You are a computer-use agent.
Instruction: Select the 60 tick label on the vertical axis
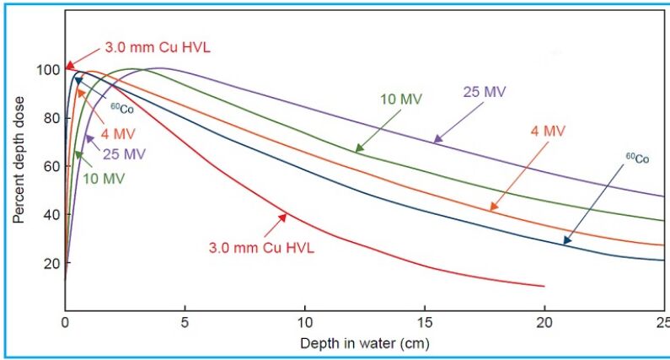tap(51, 166)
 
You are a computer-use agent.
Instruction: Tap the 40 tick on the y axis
tap(51, 214)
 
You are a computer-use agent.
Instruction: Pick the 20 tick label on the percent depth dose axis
tap(51, 263)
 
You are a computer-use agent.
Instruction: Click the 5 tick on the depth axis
tap(185, 323)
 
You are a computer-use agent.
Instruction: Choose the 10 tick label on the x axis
tap(304, 323)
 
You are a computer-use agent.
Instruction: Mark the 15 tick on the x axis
tap(425, 323)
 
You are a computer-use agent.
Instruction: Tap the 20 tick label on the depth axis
tap(545, 323)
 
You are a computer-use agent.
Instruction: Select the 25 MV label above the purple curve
tap(483, 92)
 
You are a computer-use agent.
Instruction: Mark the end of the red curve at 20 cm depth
tap(544, 287)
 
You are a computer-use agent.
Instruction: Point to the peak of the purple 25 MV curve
tap(160, 68)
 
